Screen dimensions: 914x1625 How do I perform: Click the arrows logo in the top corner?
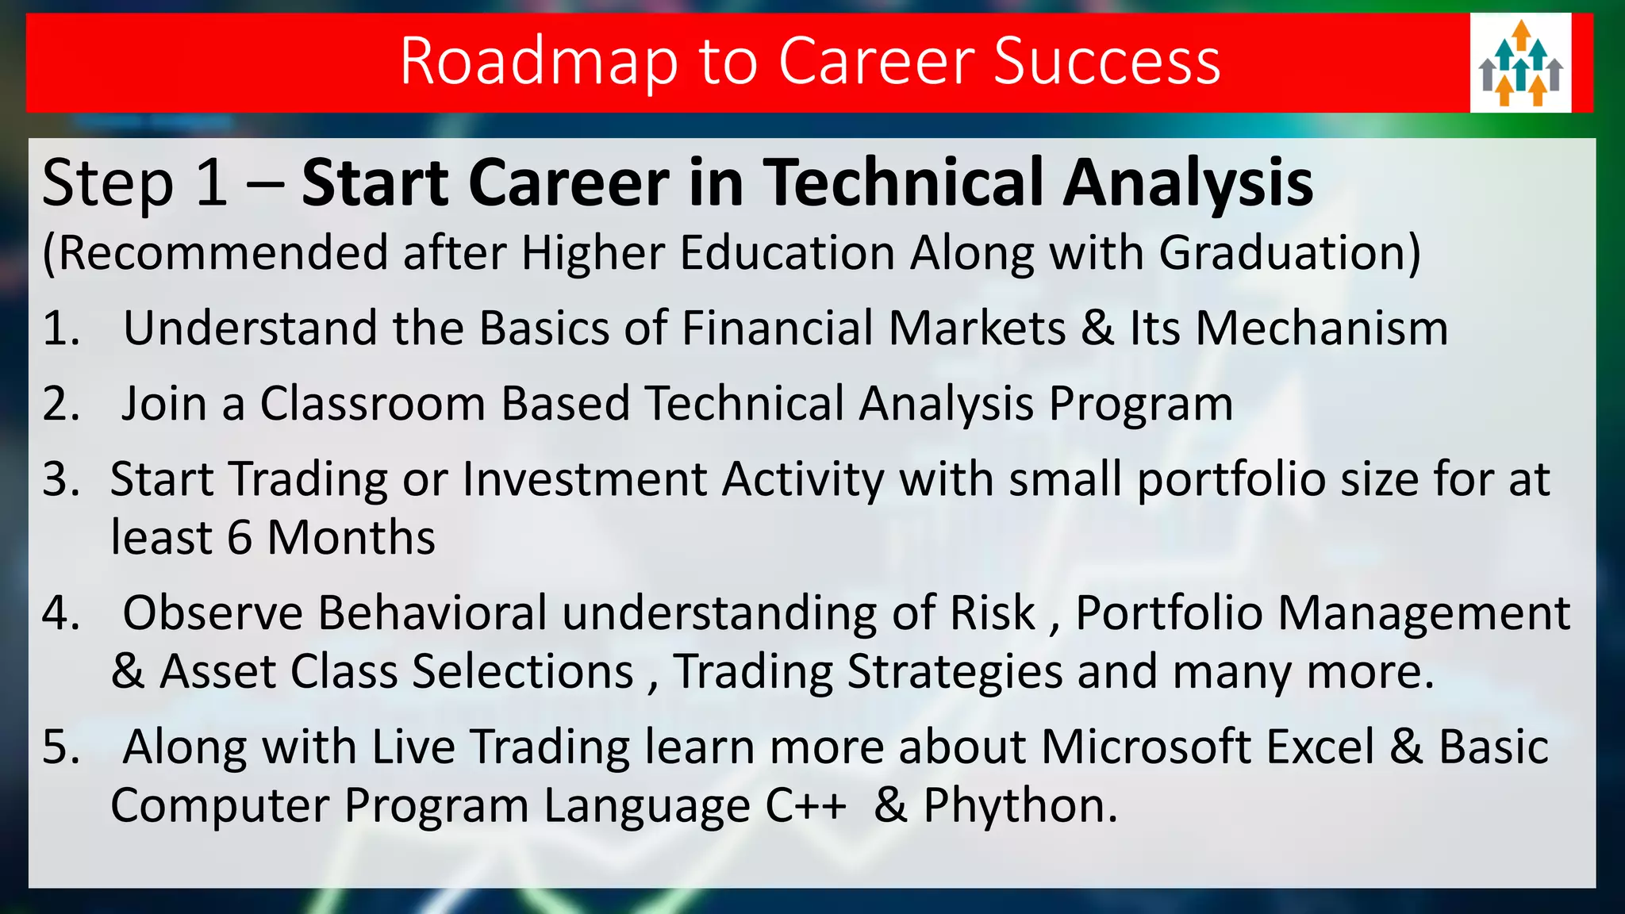pyautogui.click(x=1520, y=63)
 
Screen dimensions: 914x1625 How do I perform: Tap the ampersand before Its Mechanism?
pyautogui.click(x=1097, y=328)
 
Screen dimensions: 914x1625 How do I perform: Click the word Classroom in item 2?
pyautogui.click(x=372, y=404)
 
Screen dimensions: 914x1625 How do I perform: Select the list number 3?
pyautogui.click(x=61, y=479)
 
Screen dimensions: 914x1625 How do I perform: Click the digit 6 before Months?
pyautogui.click(x=240, y=538)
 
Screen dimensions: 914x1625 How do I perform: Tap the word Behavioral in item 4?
pyautogui.click(x=432, y=613)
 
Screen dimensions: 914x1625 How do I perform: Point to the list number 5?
pyautogui.click(x=61, y=747)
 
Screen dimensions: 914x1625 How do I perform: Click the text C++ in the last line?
pyautogui.click(x=805, y=806)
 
